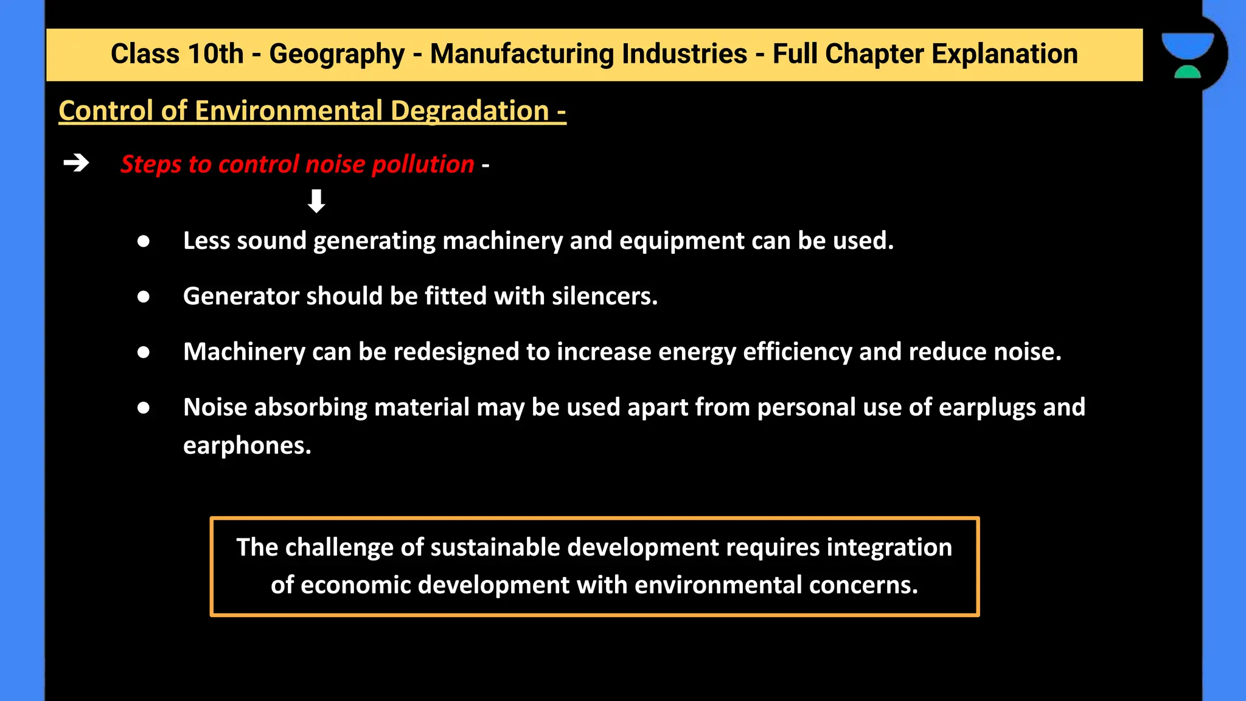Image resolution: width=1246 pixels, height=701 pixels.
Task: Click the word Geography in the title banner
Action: [x=336, y=54]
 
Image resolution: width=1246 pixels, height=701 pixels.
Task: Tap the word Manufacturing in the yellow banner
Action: [x=588, y=54]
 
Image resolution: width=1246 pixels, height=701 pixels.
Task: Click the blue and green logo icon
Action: [x=1187, y=55]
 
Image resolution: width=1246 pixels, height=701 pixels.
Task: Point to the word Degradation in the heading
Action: [x=470, y=111]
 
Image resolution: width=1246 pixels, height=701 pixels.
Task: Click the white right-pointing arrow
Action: [x=76, y=163]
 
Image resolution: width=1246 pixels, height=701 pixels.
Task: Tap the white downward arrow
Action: [x=316, y=201]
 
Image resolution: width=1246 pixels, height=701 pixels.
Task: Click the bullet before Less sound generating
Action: [x=144, y=242]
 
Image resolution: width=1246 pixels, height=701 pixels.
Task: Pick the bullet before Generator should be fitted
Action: [x=144, y=297]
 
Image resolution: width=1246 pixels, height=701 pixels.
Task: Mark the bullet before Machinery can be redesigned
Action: [x=144, y=352]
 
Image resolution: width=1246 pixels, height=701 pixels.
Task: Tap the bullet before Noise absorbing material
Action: [x=144, y=408]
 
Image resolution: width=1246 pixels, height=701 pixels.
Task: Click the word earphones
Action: [x=246, y=445]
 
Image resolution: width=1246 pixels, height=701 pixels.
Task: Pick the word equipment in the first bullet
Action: [x=682, y=241]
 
